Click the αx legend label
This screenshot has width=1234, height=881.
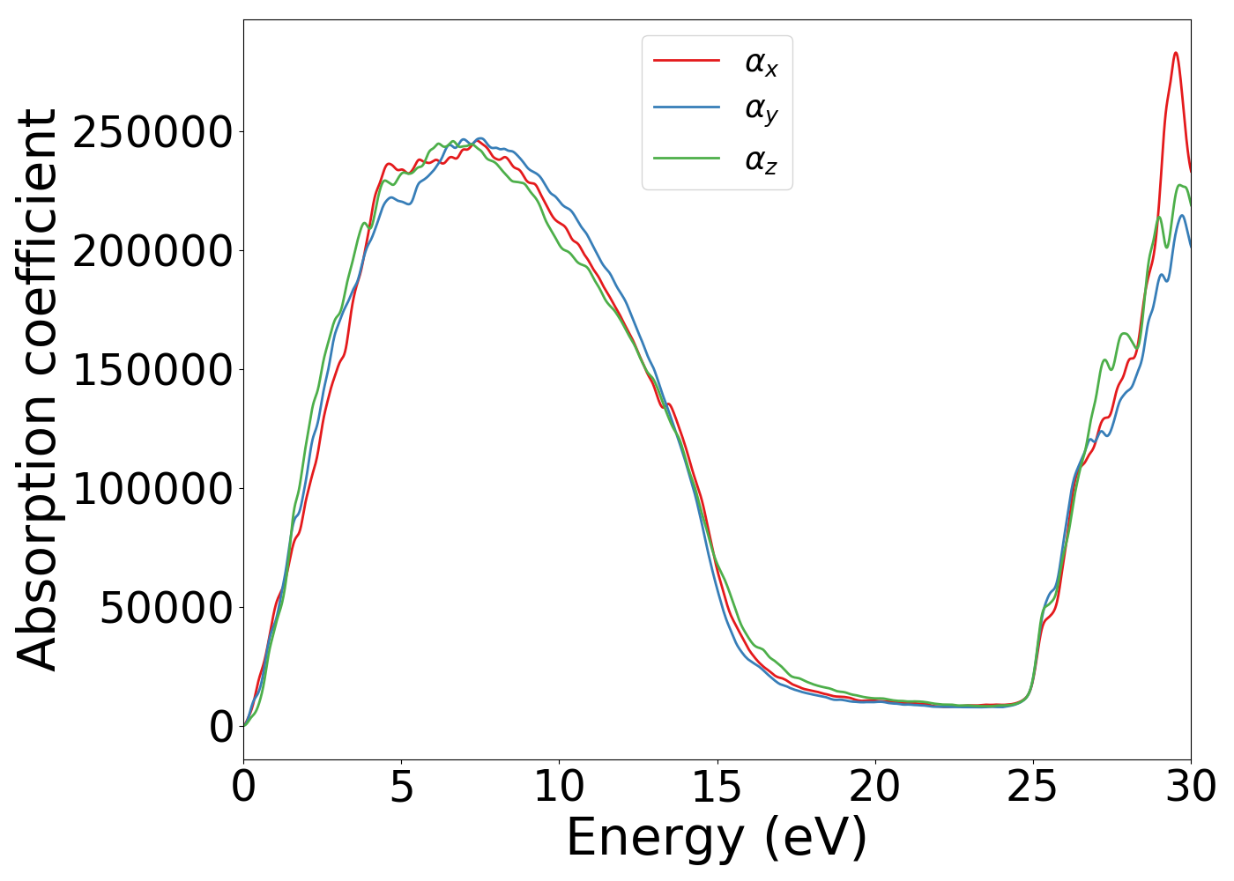(761, 63)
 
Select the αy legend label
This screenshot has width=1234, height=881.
(761, 110)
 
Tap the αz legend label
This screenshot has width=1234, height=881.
(761, 160)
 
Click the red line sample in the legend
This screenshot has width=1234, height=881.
(686, 61)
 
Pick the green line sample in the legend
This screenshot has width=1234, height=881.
(686, 159)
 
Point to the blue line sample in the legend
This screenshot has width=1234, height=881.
(686, 108)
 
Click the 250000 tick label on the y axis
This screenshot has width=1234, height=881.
(152, 133)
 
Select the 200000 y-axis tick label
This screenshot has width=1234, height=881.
(152, 252)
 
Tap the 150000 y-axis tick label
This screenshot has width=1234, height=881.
(152, 371)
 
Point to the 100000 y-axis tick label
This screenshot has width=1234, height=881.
(152, 489)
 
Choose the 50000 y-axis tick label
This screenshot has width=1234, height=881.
(166, 608)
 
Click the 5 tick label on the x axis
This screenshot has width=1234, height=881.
(401, 787)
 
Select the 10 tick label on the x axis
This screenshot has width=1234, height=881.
(559, 787)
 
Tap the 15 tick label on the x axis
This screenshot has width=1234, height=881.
(717, 787)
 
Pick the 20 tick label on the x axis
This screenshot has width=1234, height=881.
(874, 787)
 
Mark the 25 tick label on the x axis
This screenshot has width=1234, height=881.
(1032, 787)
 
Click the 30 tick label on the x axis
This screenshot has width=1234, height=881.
(1190, 787)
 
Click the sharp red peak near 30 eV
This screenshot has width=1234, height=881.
(1176, 54)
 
